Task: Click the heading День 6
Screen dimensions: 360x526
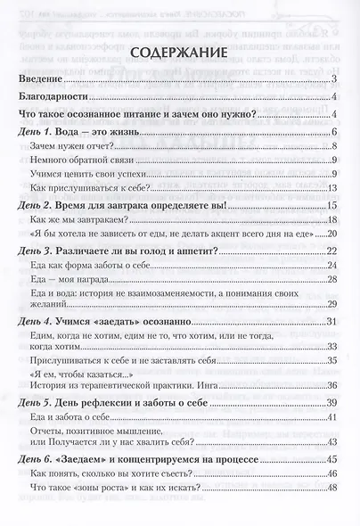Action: [x=37, y=458]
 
